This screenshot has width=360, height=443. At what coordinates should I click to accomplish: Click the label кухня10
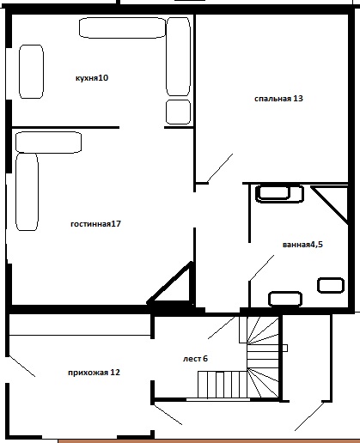92,78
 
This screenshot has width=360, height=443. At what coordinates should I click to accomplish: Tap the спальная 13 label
278,99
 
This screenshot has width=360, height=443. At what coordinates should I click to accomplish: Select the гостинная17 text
95,224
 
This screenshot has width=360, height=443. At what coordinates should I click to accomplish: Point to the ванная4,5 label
302,245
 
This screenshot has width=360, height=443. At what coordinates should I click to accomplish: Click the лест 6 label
195,359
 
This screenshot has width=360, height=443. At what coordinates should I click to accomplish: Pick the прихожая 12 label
94,373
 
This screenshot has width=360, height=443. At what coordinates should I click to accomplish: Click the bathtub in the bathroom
279,194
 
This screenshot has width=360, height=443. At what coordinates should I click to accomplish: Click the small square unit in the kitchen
178,112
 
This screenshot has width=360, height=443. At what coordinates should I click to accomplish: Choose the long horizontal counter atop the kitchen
122,27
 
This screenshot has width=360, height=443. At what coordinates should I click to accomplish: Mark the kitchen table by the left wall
31,71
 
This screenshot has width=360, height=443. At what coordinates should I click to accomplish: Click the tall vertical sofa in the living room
27,191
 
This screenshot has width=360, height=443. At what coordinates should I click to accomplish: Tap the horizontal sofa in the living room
48,143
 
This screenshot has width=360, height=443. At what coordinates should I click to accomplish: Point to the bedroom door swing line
220,168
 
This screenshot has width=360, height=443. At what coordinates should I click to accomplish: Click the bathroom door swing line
261,268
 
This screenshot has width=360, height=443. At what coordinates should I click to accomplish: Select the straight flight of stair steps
223,385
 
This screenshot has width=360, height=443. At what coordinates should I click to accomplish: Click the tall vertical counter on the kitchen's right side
178,57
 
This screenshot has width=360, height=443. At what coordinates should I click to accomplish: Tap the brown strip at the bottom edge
209,441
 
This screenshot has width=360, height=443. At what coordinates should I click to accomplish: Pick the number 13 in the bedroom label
298,99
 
